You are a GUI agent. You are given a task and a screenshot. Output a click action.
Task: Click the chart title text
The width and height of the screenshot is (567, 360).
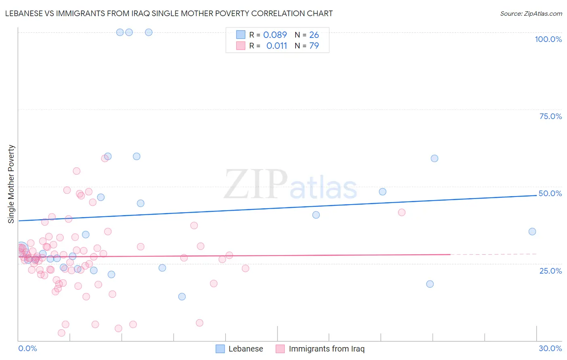pos(169,13)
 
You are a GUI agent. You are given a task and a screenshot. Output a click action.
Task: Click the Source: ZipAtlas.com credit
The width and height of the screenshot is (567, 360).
pos(531,13)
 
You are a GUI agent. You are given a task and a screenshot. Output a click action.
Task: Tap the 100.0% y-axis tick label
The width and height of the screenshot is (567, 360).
pos(548,39)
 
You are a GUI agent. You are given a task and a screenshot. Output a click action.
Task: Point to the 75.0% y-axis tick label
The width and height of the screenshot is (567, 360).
pos(550,116)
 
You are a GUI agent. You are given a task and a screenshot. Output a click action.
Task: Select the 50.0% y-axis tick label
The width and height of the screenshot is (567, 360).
pos(550,193)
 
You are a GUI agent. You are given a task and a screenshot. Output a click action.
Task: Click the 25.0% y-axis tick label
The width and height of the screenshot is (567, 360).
pos(550,270)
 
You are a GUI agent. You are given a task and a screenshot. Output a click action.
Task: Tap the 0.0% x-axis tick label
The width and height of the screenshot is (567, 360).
pos(27,348)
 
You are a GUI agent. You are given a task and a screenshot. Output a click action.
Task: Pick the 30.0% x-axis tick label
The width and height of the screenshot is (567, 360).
pos(550,348)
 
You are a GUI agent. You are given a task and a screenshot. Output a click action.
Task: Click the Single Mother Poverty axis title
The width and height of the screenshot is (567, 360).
pos(11,184)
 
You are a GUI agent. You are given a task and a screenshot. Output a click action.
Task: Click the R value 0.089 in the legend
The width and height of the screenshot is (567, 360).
pos(275,35)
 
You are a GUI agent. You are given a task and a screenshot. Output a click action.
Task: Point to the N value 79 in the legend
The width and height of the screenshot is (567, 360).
pos(314,46)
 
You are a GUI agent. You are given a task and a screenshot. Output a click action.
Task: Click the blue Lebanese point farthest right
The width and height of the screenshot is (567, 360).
pos(532,231)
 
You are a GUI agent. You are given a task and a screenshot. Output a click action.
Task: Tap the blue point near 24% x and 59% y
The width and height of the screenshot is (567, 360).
pos(434,158)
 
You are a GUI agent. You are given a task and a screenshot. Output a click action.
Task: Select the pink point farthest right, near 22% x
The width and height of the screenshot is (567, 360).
pos(401,212)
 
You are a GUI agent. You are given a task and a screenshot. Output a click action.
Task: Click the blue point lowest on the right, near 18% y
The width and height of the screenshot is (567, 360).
pos(429,284)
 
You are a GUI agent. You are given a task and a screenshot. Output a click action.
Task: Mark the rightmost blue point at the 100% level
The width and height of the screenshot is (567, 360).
pos(148,32)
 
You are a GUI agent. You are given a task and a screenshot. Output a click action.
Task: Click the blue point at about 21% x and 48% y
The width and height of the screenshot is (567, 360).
pos(382,192)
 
